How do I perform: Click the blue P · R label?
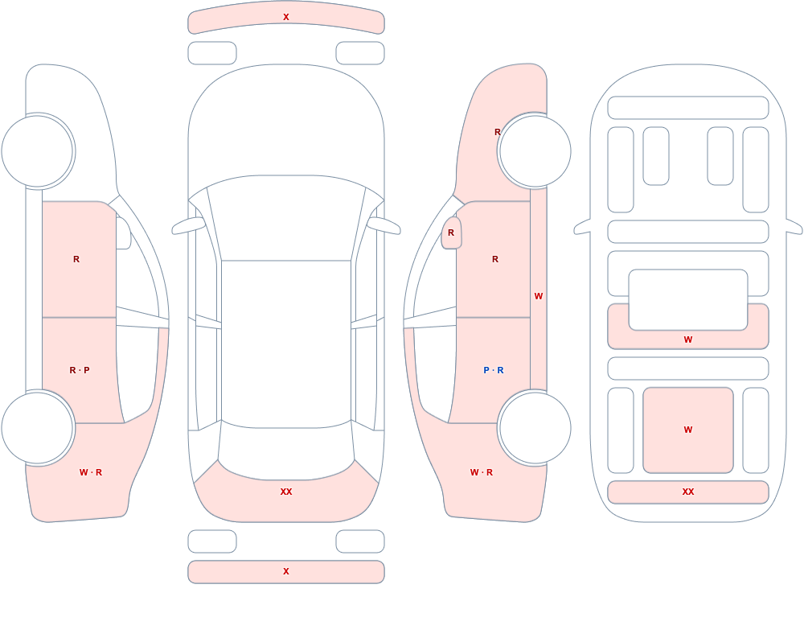click(494, 370)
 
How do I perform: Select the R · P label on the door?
click(80, 370)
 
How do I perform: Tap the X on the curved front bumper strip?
click(286, 17)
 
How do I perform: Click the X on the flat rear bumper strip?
click(286, 571)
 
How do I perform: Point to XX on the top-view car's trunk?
click(286, 492)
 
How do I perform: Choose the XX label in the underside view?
click(688, 492)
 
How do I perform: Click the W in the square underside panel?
click(688, 430)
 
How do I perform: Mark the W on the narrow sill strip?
click(539, 296)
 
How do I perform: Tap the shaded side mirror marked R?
click(451, 233)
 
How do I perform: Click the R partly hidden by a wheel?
click(497, 132)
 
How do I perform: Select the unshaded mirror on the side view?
click(123, 233)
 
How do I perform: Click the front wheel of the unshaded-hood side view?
click(38, 151)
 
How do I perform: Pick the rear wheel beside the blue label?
click(535, 428)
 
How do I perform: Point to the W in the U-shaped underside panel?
click(688, 340)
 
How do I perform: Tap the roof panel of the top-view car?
click(286, 344)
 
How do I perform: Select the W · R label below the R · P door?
click(91, 472)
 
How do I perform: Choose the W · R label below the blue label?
click(482, 472)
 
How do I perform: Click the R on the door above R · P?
click(76, 259)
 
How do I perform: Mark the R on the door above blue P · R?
click(495, 259)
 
